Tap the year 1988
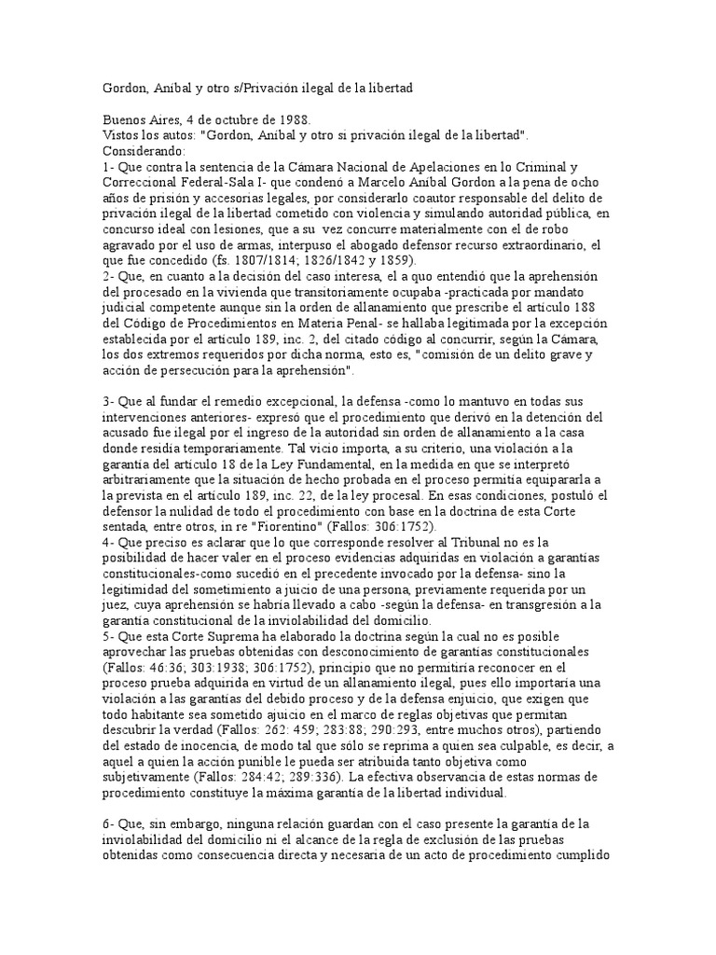293,120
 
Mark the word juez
115,602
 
